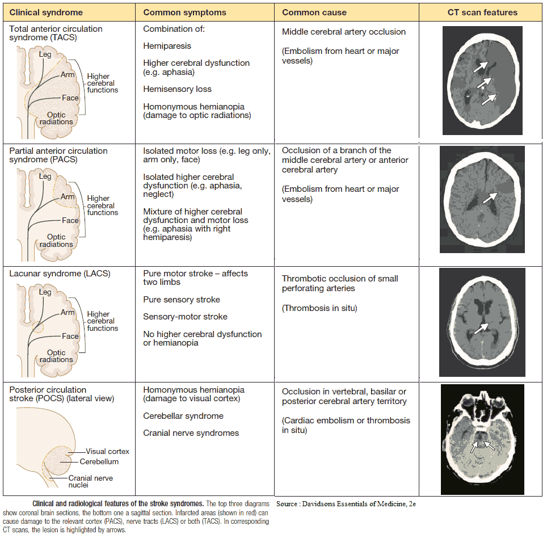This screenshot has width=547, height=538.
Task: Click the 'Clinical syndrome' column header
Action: click(46, 12)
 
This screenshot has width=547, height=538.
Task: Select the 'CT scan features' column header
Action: click(482, 12)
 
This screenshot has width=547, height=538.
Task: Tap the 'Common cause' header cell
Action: click(314, 12)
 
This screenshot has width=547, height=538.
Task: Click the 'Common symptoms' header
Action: click(184, 12)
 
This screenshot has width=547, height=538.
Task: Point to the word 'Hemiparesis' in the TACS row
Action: click(167, 46)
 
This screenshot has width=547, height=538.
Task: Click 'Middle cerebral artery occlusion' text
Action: click(344, 32)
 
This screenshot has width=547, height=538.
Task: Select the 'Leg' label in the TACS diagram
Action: click(45, 54)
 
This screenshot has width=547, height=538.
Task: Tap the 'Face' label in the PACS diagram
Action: click(70, 220)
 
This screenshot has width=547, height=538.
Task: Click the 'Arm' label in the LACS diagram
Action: click(68, 313)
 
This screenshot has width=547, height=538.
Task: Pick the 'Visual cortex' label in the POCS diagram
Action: click(108, 452)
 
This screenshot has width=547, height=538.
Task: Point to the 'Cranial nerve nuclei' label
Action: click(90, 482)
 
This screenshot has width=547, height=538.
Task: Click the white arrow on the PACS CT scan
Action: click(490, 197)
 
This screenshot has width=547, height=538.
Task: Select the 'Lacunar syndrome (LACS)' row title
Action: click(60, 274)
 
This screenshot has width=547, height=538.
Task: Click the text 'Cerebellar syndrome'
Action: click(183, 416)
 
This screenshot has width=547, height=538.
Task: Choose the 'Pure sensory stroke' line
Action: click(182, 300)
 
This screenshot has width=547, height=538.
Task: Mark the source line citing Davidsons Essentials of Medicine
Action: click(346, 504)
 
